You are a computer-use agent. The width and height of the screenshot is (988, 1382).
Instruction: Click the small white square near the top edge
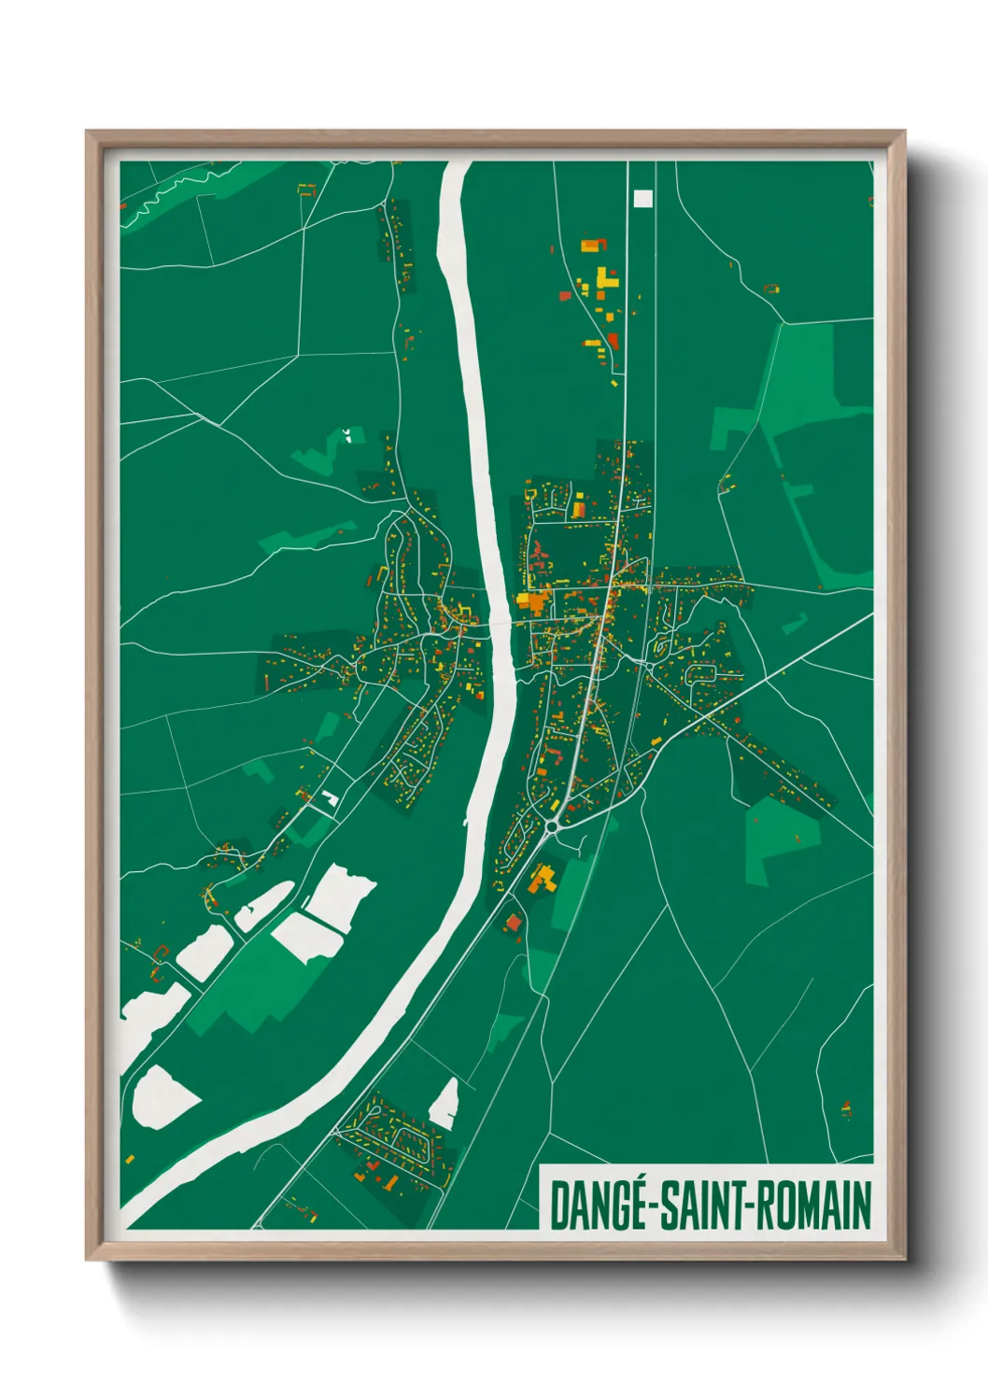(642, 198)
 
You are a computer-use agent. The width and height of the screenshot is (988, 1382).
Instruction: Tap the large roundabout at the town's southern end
(552, 825)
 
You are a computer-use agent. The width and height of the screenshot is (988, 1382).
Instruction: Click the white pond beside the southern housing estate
(445, 1104)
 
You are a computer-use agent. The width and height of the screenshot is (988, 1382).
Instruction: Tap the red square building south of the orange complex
(513, 923)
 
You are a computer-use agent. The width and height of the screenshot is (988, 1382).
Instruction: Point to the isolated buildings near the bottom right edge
(846, 1109)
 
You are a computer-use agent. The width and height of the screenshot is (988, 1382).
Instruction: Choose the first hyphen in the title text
(655, 1206)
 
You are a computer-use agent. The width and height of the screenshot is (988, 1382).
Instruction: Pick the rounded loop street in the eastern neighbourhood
(701, 673)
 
